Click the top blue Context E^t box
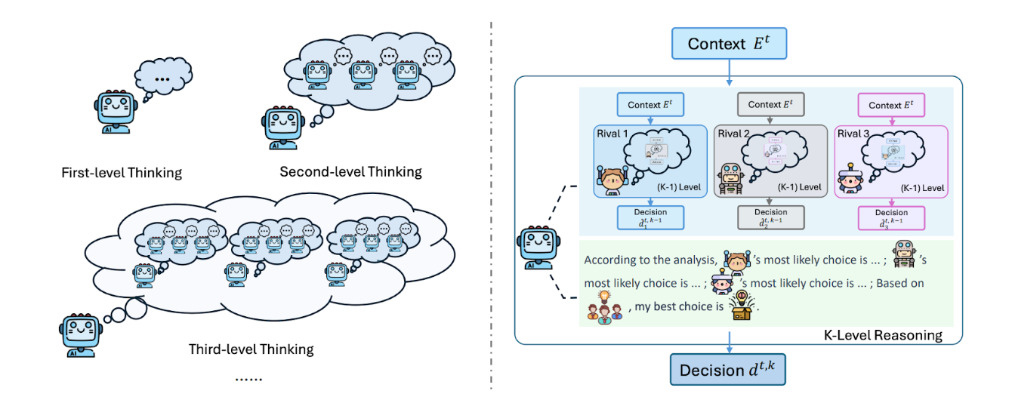[729, 43]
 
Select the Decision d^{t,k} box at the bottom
[729, 370]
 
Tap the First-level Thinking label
[122, 173]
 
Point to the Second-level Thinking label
[350, 171]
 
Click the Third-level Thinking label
[251, 349]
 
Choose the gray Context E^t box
[771, 105]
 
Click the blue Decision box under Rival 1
[650, 217]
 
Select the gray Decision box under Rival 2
[771, 217]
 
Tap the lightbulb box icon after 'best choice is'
[742, 306]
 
